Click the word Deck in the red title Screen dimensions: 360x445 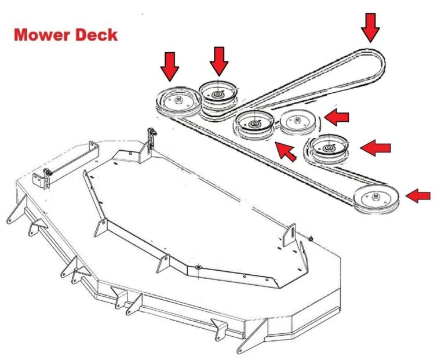coord(96,34)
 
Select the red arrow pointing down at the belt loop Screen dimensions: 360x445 coord(370,26)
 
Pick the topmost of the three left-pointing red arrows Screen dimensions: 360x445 coord(337,118)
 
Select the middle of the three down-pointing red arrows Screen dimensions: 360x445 coord(219,61)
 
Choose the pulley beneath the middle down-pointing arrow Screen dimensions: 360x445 coord(218,93)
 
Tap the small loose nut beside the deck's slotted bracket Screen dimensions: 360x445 coord(312,238)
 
